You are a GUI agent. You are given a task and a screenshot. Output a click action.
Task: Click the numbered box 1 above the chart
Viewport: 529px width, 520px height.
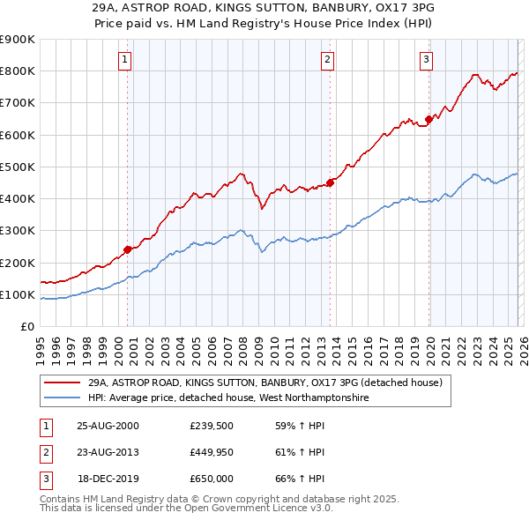(124, 60)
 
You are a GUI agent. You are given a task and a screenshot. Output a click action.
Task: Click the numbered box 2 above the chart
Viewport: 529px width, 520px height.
(327, 60)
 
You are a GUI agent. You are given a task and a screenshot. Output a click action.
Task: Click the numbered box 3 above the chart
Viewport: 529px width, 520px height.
(426, 60)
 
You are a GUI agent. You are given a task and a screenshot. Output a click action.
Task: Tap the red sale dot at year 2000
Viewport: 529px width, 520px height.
(128, 249)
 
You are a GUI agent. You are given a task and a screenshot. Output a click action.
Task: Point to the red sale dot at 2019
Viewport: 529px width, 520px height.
(429, 119)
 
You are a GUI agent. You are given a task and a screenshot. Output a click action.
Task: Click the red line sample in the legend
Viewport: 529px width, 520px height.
(62, 383)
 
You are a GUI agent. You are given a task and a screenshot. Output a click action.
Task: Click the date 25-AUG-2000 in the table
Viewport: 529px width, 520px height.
(108, 426)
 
